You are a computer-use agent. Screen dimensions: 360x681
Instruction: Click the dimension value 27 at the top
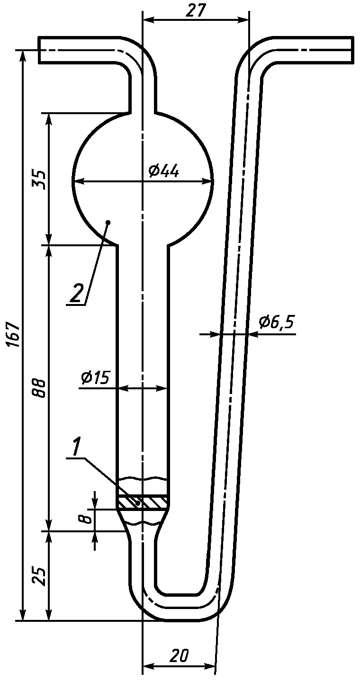(x=196, y=11)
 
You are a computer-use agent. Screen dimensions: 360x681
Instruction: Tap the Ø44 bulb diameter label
(x=164, y=171)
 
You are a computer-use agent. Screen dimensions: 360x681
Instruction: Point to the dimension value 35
(x=39, y=180)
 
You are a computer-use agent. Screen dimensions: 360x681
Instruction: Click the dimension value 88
(x=39, y=388)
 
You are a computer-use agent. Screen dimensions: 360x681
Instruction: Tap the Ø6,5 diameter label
(x=276, y=322)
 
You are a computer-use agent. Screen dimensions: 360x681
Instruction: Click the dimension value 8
(x=87, y=519)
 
